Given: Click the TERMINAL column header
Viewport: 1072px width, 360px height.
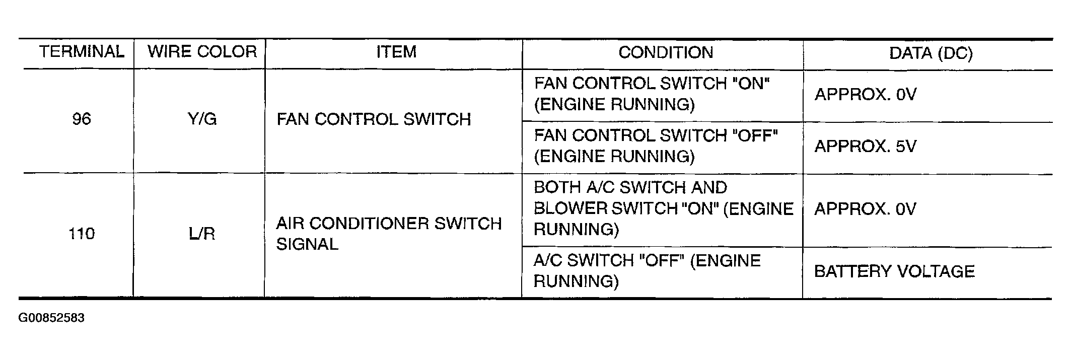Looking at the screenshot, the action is [x=82, y=52].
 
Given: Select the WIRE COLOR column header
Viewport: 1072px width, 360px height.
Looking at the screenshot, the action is [x=202, y=52].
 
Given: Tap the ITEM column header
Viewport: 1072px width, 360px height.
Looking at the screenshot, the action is [x=396, y=52].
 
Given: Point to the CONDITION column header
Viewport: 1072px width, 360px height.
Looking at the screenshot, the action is [x=666, y=52].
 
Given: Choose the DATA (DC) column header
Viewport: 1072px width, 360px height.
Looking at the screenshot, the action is [x=931, y=53].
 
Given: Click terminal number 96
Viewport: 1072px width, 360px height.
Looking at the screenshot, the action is [x=82, y=119].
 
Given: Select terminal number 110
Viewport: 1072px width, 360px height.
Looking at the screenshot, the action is [x=82, y=234].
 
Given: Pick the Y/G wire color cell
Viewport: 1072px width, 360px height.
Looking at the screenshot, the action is [x=202, y=119].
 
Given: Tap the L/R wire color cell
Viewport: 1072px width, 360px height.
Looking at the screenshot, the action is [x=202, y=234].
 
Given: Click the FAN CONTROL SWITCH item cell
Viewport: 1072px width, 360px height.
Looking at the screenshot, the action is [x=374, y=119].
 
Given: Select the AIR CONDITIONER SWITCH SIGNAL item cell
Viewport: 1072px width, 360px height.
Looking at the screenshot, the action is [x=389, y=234].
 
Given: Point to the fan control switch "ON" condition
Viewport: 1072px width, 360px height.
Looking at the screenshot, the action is [x=652, y=94].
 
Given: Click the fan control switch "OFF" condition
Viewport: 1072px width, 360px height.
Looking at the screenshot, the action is [x=656, y=146].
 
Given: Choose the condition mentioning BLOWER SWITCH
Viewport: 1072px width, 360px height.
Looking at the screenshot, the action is [x=664, y=208].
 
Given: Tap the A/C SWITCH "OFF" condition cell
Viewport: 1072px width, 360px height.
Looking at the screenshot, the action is [x=647, y=271].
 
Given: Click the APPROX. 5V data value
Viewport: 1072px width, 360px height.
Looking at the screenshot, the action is [x=865, y=147].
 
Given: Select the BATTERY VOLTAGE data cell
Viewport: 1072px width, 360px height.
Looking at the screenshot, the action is [x=894, y=271].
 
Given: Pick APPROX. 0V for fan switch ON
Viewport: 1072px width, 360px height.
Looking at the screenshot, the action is [x=865, y=94].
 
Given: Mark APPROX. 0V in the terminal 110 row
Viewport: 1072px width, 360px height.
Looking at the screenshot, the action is [x=865, y=209].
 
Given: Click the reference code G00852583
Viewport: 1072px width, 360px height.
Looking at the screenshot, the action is [x=51, y=318].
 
